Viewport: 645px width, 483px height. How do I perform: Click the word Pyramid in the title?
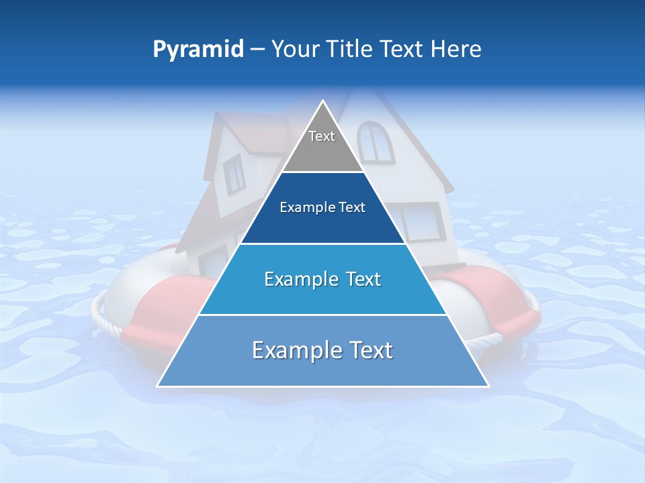click(x=198, y=50)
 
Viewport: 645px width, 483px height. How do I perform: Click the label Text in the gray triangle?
click(x=322, y=136)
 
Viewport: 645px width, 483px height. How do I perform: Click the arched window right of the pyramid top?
click(x=376, y=142)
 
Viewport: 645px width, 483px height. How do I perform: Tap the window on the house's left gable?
click(x=234, y=174)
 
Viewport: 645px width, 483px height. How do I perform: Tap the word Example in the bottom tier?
click(x=291, y=350)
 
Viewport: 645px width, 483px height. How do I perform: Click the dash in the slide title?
click(x=257, y=50)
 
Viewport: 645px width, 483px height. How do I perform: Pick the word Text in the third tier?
click(x=363, y=279)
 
